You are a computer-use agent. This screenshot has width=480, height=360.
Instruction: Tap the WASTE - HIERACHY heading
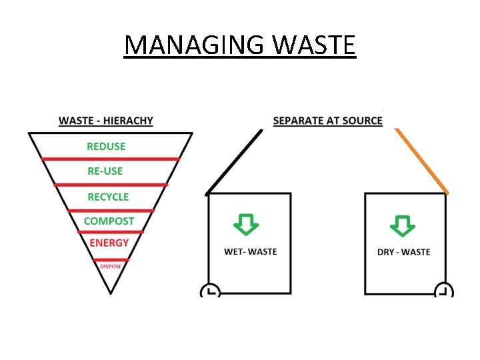106,121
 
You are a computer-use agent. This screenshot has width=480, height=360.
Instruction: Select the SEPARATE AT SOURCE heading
327,121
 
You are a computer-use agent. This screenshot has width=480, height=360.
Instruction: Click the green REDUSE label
106,146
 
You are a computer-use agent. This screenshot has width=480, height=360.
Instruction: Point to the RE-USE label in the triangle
105,171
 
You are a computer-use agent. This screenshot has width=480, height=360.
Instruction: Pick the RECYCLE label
108,197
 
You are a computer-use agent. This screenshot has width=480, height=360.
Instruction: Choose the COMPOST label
109,221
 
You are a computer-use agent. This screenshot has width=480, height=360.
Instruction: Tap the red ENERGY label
109,243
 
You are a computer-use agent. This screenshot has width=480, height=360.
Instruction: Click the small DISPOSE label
111,266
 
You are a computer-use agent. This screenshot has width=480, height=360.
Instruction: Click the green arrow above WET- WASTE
246,224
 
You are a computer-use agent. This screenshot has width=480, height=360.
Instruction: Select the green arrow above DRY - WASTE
403,225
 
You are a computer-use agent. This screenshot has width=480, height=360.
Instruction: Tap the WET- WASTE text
250,252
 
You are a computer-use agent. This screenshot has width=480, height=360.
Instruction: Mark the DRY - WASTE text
404,252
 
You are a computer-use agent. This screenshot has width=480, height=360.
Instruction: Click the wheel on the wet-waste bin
209,291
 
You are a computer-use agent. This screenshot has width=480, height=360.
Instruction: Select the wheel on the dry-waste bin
443,291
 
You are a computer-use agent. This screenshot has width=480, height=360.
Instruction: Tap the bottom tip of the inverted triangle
111,292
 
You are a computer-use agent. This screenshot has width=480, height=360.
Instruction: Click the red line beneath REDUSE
111,159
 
